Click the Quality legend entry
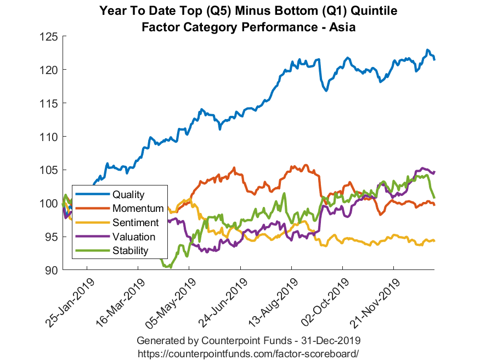[128, 194]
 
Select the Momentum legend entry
[138, 209]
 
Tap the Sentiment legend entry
[135, 223]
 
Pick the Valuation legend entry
[134, 237]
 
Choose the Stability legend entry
[131, 251]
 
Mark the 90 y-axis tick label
[52, 271]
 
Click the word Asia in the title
[343, 27]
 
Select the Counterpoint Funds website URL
[249, 352]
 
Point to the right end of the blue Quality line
[434, 59]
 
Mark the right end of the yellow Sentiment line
[434, 240]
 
